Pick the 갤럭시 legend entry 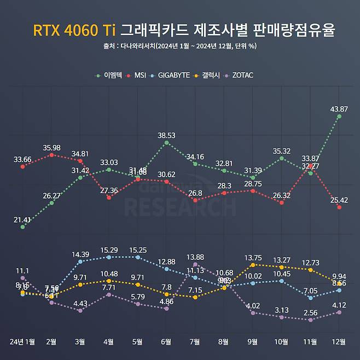click(x=207, y=75)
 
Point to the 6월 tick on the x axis click(x=166, y=342)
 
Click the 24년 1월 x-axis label click(x=22, y=342)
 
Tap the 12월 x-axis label click(x=339, y=342)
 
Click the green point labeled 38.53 click(x=166, y=143)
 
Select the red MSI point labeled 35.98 click(x=51, y=155)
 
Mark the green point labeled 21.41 click(x=22, y=227)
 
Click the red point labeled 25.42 click(x=339, y=208)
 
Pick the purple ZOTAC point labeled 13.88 click(x=195, y=264)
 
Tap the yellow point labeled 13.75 click(x=253, y=265)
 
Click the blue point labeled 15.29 click(x=109, y=257)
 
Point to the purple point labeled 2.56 click(x=310, y=320)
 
